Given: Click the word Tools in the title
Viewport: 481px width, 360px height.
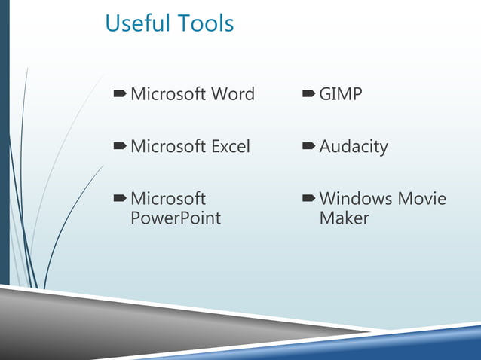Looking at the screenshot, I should [206, 23].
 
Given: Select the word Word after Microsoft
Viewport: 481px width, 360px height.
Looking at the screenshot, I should [233, 94].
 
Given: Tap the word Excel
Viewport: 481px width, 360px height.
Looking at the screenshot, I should [230, 146].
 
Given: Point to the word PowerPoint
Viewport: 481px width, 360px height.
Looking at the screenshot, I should [176, 218].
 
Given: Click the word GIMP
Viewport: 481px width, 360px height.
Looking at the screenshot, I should [340, 94].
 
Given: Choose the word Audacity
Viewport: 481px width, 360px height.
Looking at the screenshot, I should [353, 147].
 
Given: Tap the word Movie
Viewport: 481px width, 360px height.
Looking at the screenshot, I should [422, 199].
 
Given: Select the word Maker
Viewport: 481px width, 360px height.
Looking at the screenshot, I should [344, 218].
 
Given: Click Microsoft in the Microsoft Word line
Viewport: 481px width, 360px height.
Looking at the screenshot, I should [167, 94].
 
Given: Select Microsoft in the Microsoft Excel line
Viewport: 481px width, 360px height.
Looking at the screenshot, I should [167, 146].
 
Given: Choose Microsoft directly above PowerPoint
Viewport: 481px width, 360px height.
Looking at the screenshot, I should [167, 199].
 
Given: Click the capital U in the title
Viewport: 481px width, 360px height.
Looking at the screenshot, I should [112, 23].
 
